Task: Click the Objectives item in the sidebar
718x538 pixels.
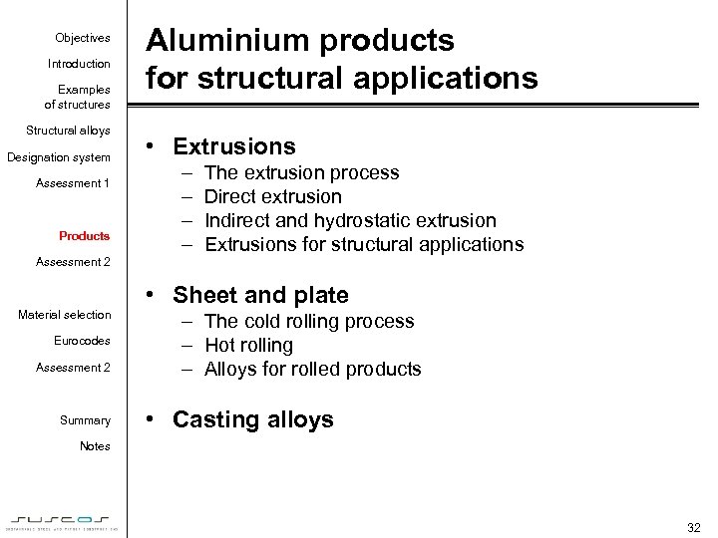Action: click(83, 38)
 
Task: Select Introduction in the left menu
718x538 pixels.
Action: click(79, 64)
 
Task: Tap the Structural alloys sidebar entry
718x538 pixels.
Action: click(68, 131)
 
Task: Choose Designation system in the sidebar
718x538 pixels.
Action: click(59, 157)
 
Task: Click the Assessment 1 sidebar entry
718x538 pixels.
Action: click(73, 183)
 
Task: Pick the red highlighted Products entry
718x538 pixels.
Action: click(85, 236)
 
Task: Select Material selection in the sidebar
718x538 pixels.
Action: click(65, 315)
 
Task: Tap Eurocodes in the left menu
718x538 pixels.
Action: click(82, 341)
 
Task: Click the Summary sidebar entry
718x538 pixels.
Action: click(85, 420)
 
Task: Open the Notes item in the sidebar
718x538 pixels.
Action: click(95, 446)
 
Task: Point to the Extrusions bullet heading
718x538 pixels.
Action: click(234, 146)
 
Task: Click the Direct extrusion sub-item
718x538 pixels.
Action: click(272, 196)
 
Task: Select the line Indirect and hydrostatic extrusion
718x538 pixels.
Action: click(349, 220)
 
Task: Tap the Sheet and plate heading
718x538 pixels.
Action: click(260, 295)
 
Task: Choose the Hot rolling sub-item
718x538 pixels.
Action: click(248, 345)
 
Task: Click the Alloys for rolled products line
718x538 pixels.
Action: click(312, 369)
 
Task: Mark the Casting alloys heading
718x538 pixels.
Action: click(252, 419)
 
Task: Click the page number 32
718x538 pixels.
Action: click(694, 527)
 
